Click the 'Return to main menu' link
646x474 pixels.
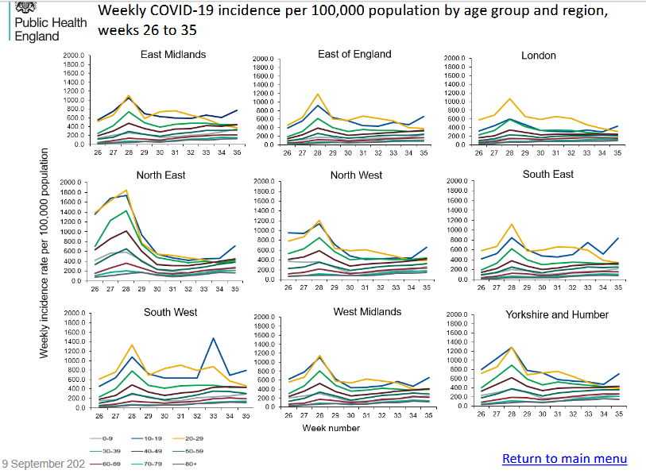click(564, 459)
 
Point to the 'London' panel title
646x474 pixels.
click(538, 56)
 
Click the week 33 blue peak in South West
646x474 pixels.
click(214, 338)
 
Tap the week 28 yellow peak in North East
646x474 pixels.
click(126, 190)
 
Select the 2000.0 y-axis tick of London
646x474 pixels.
click(456, 59)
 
